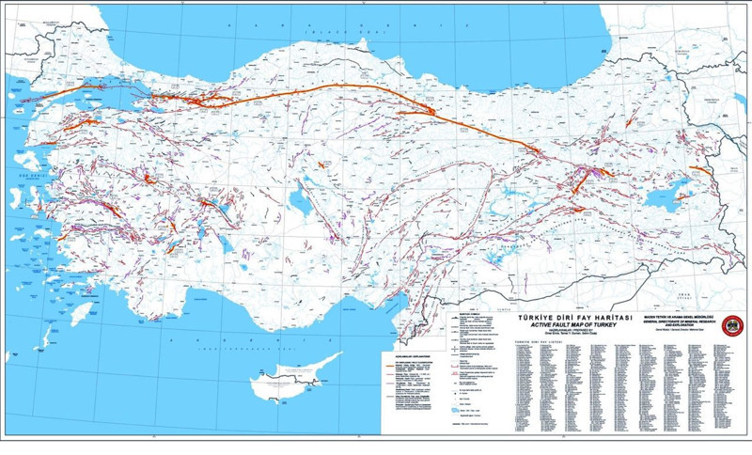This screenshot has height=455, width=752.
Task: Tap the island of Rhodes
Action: (x=84, y=311)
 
